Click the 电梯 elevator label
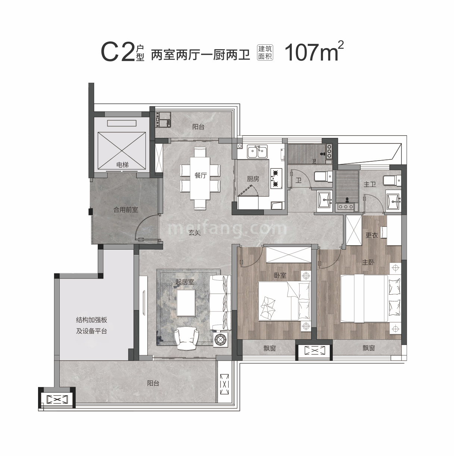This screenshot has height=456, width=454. point(122,165)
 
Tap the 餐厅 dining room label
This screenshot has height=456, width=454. point(200,175)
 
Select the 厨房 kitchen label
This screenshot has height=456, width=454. point(253,179)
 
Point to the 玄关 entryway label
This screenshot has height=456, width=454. point(194,233)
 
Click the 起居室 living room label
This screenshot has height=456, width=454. point(185,282)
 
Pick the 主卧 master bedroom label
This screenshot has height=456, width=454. point(368,262)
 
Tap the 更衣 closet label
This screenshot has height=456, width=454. point(372,235)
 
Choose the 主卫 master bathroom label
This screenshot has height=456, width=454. point(370,184)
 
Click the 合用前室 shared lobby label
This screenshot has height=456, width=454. point(126,210)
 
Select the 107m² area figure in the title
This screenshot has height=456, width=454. point(314,52)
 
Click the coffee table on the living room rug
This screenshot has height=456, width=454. point(186,303)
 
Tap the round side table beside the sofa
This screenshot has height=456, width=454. point(220,340)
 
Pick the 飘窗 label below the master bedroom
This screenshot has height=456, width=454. point(369,348)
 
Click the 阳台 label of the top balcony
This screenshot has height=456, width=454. point(198,127)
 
